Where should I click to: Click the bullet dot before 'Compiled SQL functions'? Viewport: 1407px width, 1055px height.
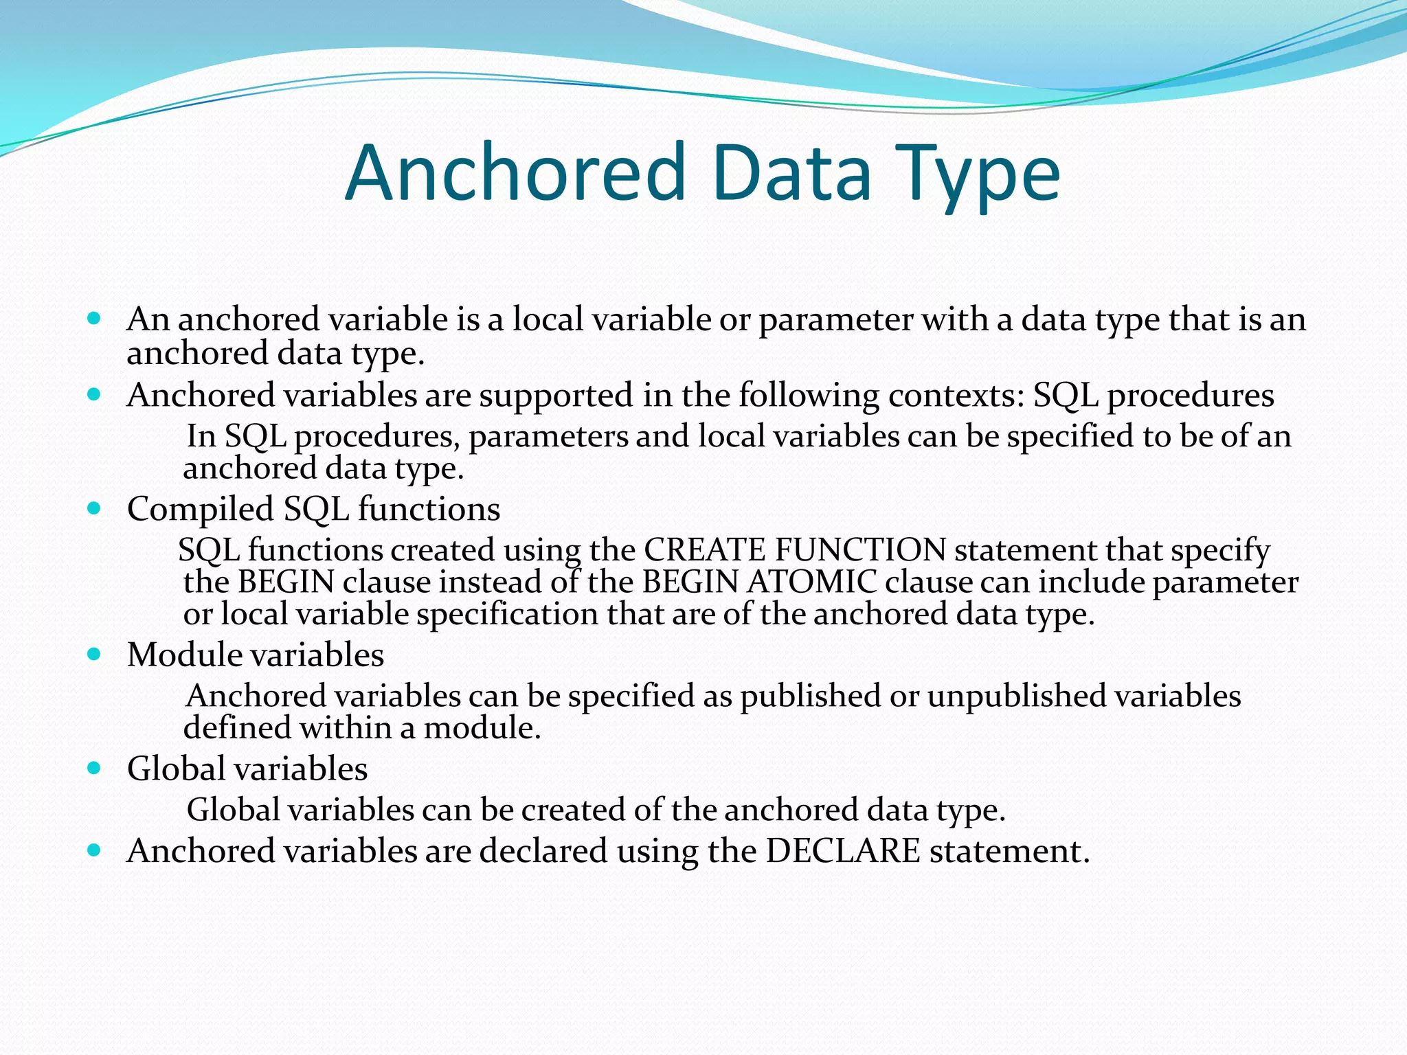95,508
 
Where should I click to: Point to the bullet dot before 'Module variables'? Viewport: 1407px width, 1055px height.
95,654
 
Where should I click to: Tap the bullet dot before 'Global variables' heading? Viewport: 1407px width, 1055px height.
95,768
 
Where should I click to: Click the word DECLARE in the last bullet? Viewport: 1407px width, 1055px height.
842,850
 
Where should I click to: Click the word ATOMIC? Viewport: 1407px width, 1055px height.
811,582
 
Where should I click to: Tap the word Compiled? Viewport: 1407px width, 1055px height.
201,510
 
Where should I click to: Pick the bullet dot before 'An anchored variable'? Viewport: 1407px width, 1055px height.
95,319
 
